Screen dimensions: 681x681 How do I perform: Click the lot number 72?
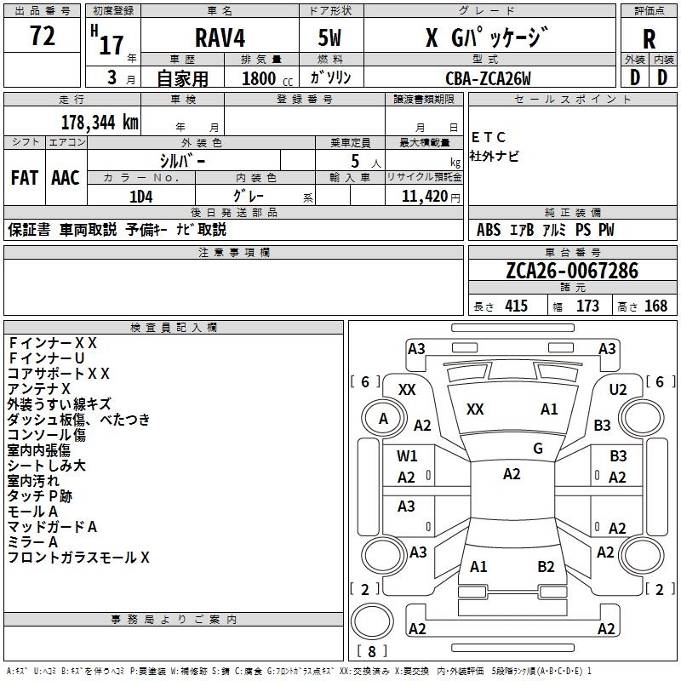(x=43, y=36)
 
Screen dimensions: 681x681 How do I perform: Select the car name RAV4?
(x=220, y=37)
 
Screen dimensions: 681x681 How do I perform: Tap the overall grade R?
(x=649, y=39)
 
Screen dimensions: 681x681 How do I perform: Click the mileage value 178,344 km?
(x=100, y=123)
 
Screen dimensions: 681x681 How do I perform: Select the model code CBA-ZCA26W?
(x=488, y=78)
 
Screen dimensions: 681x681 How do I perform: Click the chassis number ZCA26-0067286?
(x=572, y=271)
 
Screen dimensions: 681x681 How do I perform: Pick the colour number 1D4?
(x=141, y=197)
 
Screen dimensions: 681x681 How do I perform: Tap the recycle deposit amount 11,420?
(x=425, y=197)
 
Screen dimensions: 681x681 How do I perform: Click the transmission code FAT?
(x=25, y=178)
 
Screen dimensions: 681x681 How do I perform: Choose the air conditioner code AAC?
(x=66, y=178)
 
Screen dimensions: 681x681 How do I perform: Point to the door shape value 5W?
(x=329, y=37)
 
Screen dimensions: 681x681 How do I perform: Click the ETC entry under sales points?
(x=488, y=137)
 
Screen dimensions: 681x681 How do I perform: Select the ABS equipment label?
(x=489, y=230)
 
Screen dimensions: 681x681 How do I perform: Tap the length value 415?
(x=517, y=306)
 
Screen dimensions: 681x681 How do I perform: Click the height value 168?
(x=655, y=306)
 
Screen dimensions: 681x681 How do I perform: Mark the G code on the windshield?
(x=538, y=449)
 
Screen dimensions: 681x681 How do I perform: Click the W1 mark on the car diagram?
(x=407, y=456)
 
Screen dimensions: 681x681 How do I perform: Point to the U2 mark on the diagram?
(x=618, y=390)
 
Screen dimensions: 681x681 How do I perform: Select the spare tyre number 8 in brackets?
(x=372, y=651)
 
